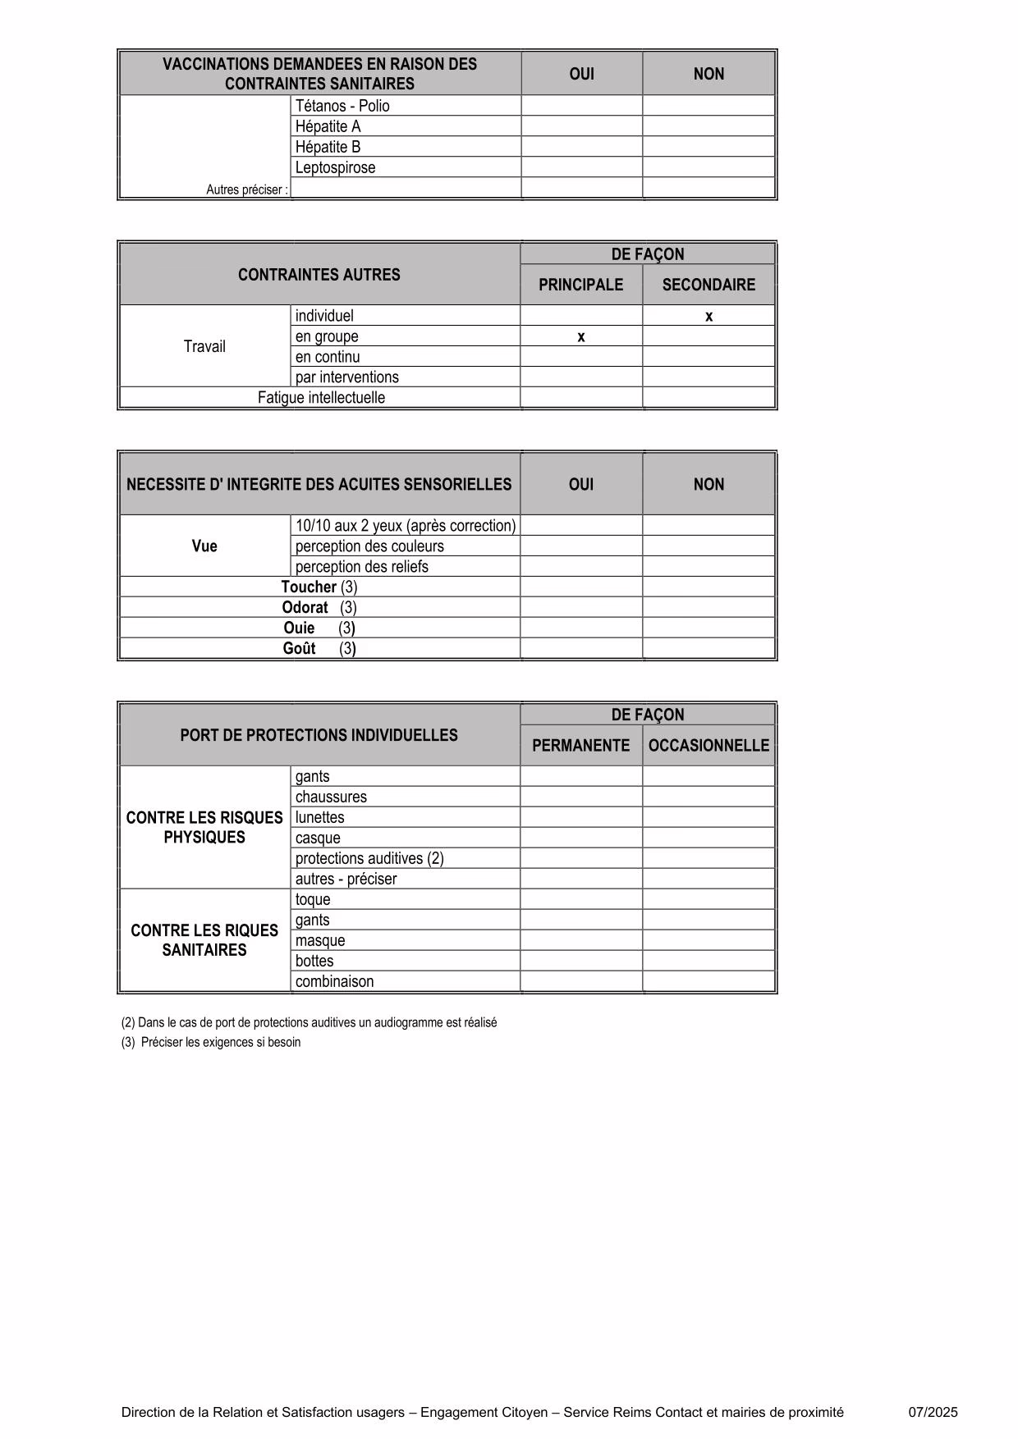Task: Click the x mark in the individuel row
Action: pos(708,317)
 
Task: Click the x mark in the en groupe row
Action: pos(581,337)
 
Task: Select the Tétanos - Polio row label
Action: pos(342,106)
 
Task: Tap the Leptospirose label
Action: pos(335,167)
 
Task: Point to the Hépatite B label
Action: pos(328,147)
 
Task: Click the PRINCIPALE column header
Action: pos(580,285)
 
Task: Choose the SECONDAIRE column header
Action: pos(708,285)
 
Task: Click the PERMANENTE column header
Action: pos(580,745)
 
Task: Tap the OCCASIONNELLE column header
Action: pos(708,745)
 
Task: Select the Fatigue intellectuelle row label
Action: pos(321,398)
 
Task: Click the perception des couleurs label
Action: pos(369,546)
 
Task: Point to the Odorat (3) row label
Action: pos(319,608)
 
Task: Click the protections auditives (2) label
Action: pos(369,858)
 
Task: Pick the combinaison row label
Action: pos(334,981)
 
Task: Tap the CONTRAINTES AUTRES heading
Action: pos(319,275)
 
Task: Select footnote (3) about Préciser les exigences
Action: pos(211,1043)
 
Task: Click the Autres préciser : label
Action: pos(247,190)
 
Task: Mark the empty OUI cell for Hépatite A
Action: pos(581,126)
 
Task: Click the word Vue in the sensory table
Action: pos(204,546)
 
